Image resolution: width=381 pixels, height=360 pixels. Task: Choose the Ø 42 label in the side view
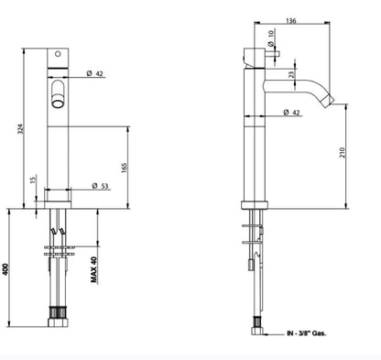coord(296,113)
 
